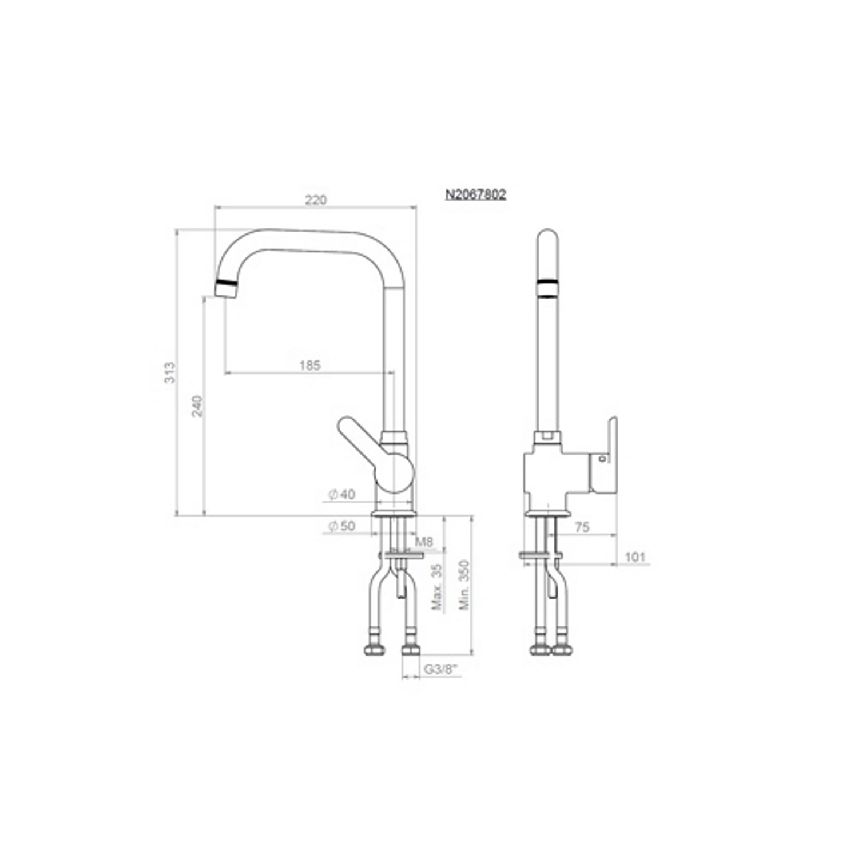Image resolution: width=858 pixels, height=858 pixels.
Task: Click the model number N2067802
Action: pos(476,194)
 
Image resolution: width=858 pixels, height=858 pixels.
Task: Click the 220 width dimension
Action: pos(315,200)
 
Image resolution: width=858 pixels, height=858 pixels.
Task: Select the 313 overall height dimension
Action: pos(170,372)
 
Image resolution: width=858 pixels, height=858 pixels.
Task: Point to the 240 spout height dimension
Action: pos(197,406)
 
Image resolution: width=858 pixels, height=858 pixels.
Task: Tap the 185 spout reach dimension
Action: pos(310,365)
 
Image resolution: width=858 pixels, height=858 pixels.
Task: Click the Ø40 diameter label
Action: pos(341,494)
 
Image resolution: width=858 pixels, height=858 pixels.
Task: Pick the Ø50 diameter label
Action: pos(341,526)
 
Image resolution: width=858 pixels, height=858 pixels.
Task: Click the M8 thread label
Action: pos(424,541)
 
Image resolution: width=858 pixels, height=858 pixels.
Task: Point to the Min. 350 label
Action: pos(464,585)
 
